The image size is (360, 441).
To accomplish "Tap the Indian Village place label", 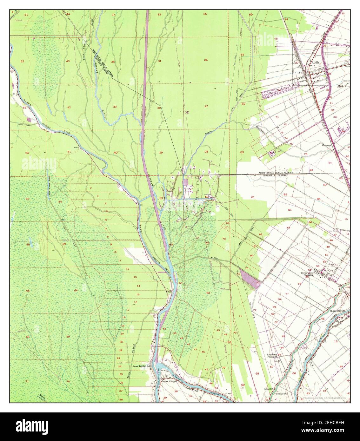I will pyautogui.click(x=169, y=382).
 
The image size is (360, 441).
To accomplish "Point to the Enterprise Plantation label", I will pyautogui.click(x=272, y=355).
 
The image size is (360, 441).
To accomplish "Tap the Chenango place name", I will pyautogui.click(x=327, y=146).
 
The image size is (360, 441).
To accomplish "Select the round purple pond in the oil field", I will pyautogui.click(x=186, y=183).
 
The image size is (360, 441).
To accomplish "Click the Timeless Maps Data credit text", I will pyautogui.click(x=326, y=398).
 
